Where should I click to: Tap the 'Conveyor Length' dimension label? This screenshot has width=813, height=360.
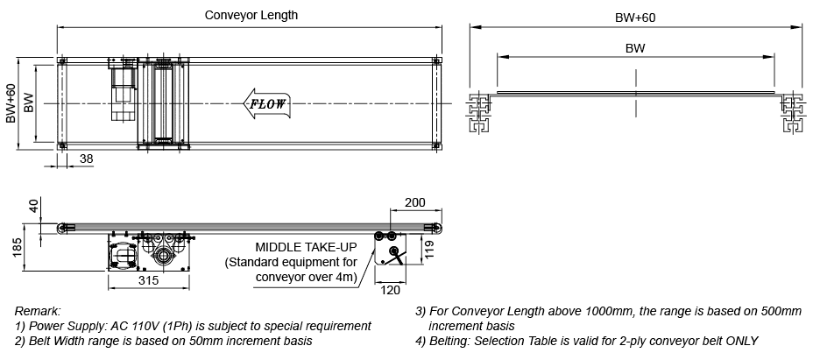251,15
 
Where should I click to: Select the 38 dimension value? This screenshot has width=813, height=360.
87,159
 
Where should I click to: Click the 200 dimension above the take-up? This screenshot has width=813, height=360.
414,202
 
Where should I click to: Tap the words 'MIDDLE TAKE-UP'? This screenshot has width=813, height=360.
306,247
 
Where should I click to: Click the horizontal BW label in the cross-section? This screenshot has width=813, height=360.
635,49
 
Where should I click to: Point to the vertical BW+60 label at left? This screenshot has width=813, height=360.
11,103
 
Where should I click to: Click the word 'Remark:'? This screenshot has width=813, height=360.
38,311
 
